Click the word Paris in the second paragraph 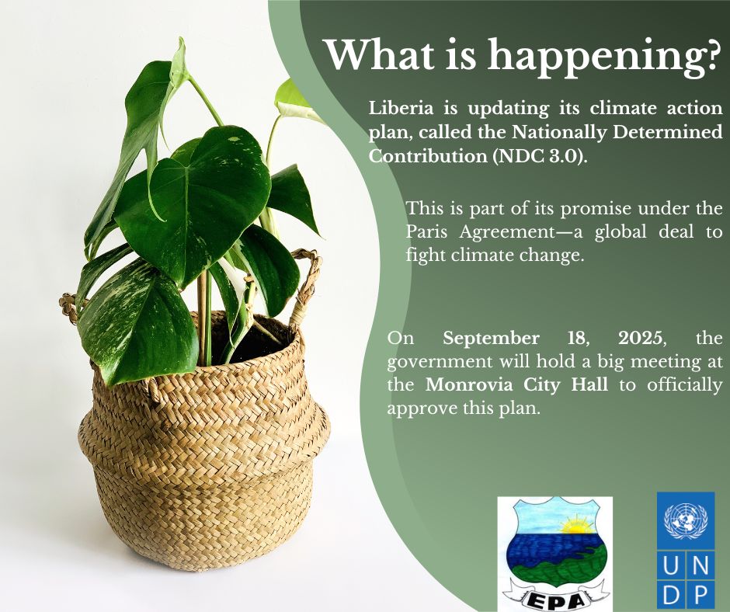coord(428,232)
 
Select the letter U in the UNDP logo coord(671,569)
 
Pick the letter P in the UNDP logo coord(700,595)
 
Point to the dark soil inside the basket coord(260,334)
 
